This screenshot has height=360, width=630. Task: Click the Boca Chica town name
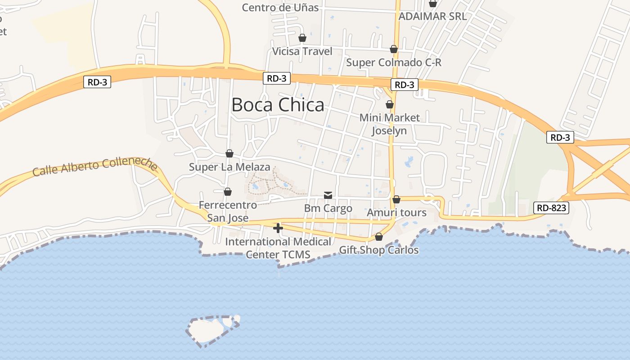(x=278, y=105)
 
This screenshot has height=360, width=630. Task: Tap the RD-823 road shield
(x=551, y=208)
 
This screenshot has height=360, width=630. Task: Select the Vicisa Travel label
(x=302, y=51)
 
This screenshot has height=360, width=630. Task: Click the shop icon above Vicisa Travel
(x=302, y=38)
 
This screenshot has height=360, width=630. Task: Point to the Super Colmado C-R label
(x=394, y=63)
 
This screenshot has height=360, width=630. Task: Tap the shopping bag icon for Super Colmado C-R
(x=394, y=49)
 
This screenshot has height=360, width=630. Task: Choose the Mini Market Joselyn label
(x=389, y=124)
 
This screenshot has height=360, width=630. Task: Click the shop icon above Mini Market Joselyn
(x=390, y=105)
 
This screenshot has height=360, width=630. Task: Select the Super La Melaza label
(x=229, y=167)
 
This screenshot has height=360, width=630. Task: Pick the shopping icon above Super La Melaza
(x=229, y=153)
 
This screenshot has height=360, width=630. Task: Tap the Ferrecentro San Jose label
(x=228, y=211)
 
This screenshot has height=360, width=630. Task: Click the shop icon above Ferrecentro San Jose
(x=228, y=192)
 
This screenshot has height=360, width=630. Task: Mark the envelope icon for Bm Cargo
(x=328, y=195)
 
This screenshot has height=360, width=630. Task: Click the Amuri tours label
(x=396, y=212)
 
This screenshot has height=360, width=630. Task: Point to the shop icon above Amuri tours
(x=396, y=199)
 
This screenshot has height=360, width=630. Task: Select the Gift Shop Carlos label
(x=379, y=250)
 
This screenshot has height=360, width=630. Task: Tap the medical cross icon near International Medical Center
(x=278, y=228)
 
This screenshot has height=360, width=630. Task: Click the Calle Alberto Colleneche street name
(x=95, y=166)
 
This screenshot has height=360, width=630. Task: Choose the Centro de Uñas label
(x=280, y=8)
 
